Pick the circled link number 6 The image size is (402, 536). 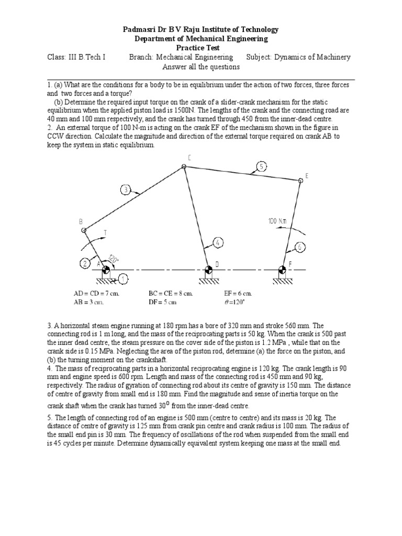tap(300, 247)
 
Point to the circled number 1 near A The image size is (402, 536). tap(122, 280)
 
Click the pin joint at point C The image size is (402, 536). tap(184, 167)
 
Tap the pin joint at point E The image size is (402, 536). tap(300, 181)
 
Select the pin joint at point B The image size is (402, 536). tap(83, 230)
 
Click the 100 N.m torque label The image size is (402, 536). tap(277, 221)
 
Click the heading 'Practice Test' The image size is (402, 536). tap(200, 48)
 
